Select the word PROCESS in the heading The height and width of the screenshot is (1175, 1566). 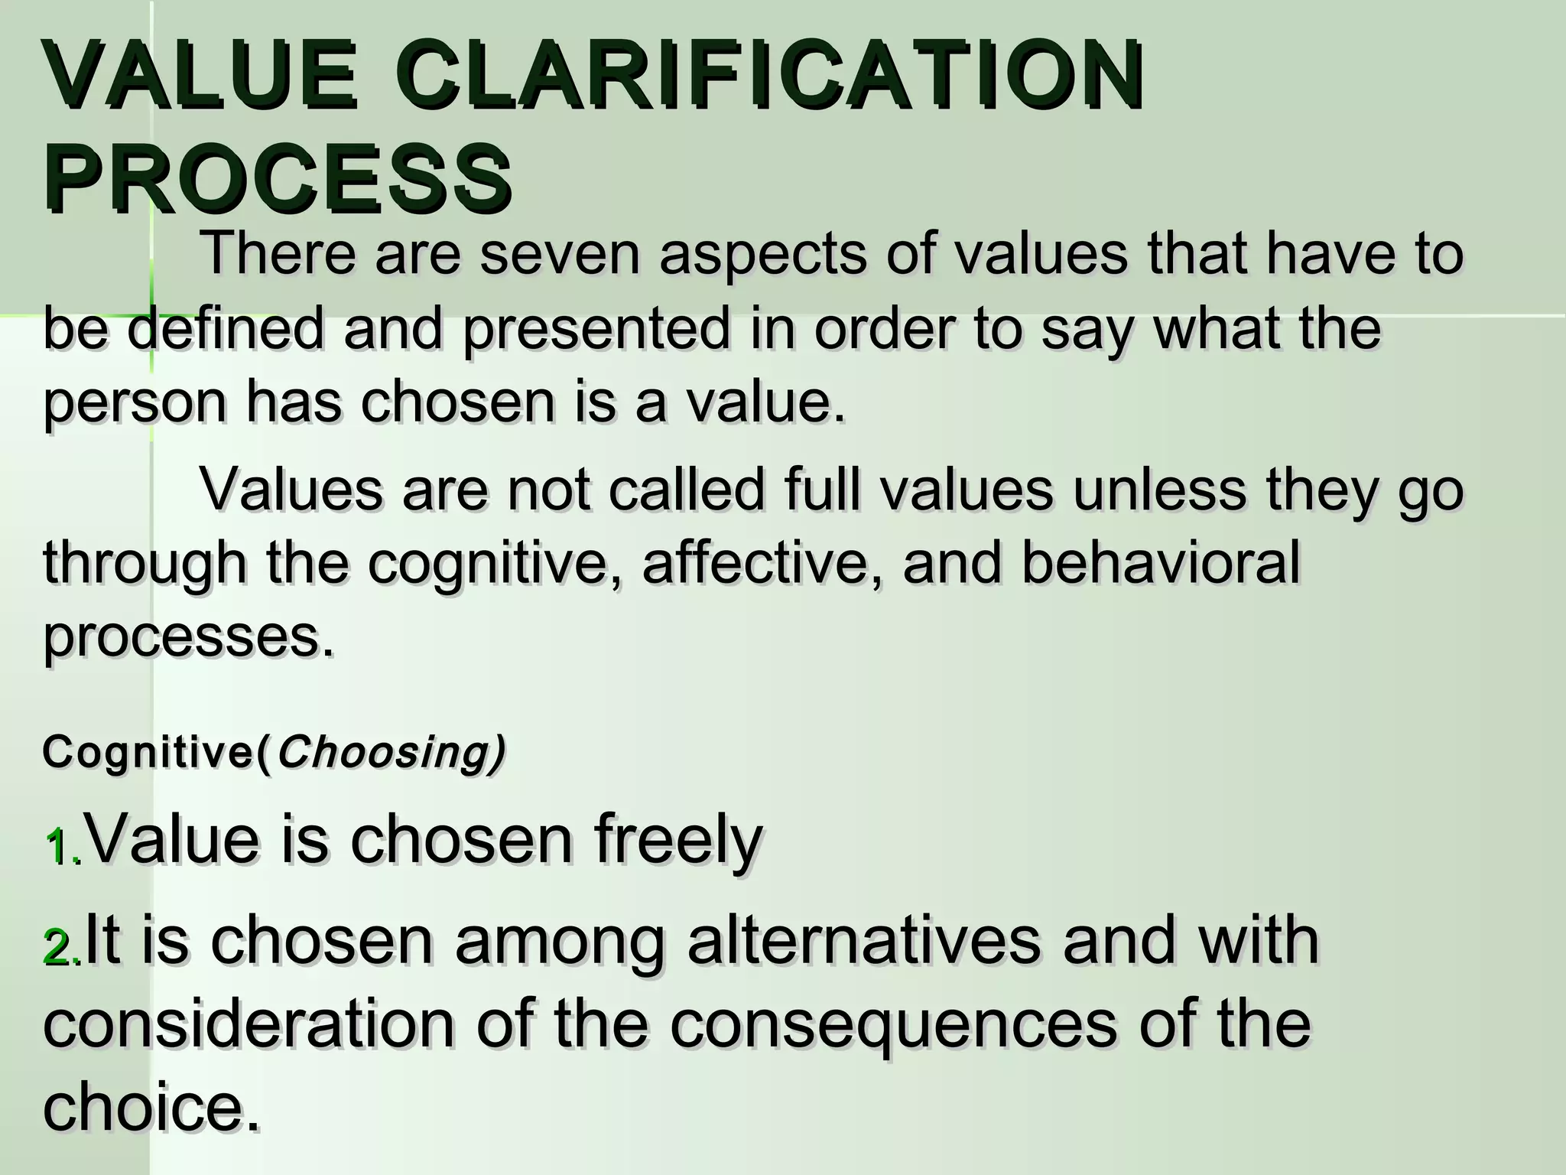pyautogui.click(x=278, y=179)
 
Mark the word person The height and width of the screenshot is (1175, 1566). pyautogui.click(x=135, y=404)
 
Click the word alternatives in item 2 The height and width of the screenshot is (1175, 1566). pyautogui.click(x=864, y=942)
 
